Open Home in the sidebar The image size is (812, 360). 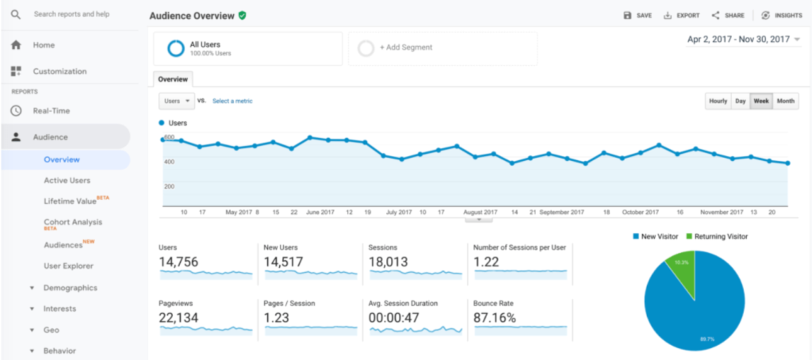point(44,45)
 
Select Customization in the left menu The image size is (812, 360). point(59,71)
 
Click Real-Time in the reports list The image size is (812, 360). point(51,111)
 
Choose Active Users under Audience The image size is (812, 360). point(67,181)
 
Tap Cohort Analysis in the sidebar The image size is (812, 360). point(73,222)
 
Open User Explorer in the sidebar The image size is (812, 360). point(68,266)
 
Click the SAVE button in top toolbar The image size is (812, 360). point(638,15)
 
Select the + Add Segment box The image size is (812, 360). point(442,48)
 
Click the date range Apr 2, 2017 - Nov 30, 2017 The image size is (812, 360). point(743,39)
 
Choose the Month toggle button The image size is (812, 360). point(786,101)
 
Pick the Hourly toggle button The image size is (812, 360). point(718,101)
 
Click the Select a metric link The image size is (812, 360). point(232,101)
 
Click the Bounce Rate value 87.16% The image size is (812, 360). point(495,318)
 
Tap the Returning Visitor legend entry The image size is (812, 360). point(717,236)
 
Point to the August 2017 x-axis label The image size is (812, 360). point(481,213)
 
